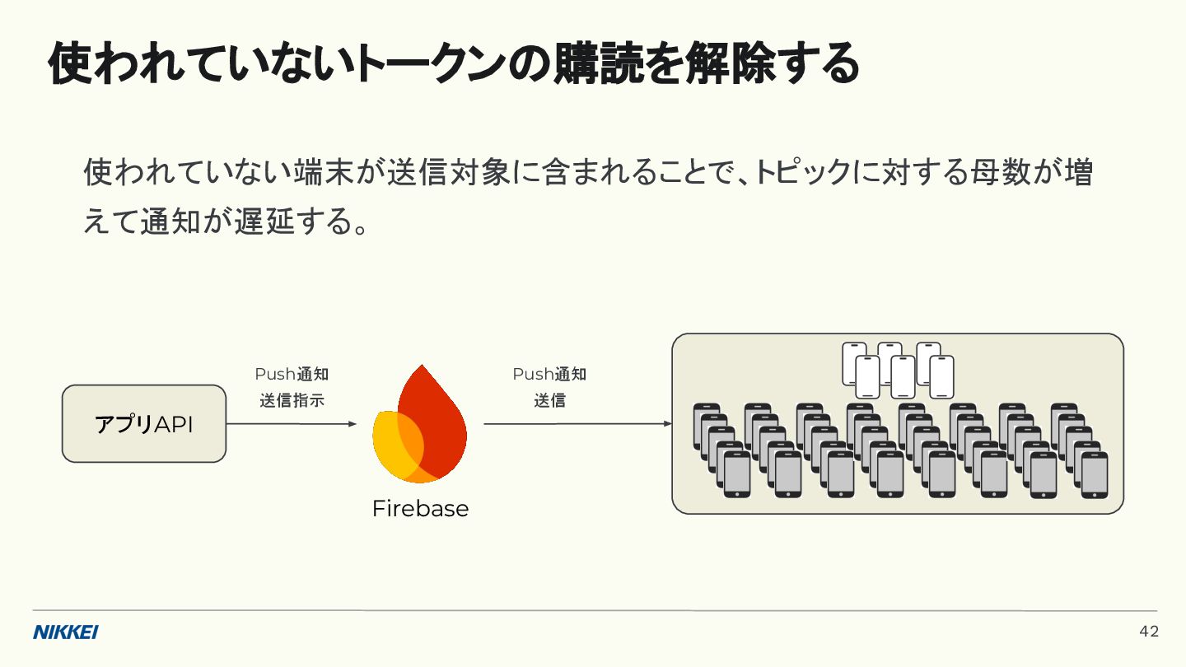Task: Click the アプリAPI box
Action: [x=144, y=424]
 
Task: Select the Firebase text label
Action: [x=420, y=508]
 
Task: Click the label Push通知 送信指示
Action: [x=292, y=387]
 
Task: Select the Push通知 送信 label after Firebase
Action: [x=549, y=387]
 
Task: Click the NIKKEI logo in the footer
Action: [x=66, y=632]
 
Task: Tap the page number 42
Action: [x=1149, y=632]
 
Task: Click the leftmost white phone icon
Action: [x=854, y=363]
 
